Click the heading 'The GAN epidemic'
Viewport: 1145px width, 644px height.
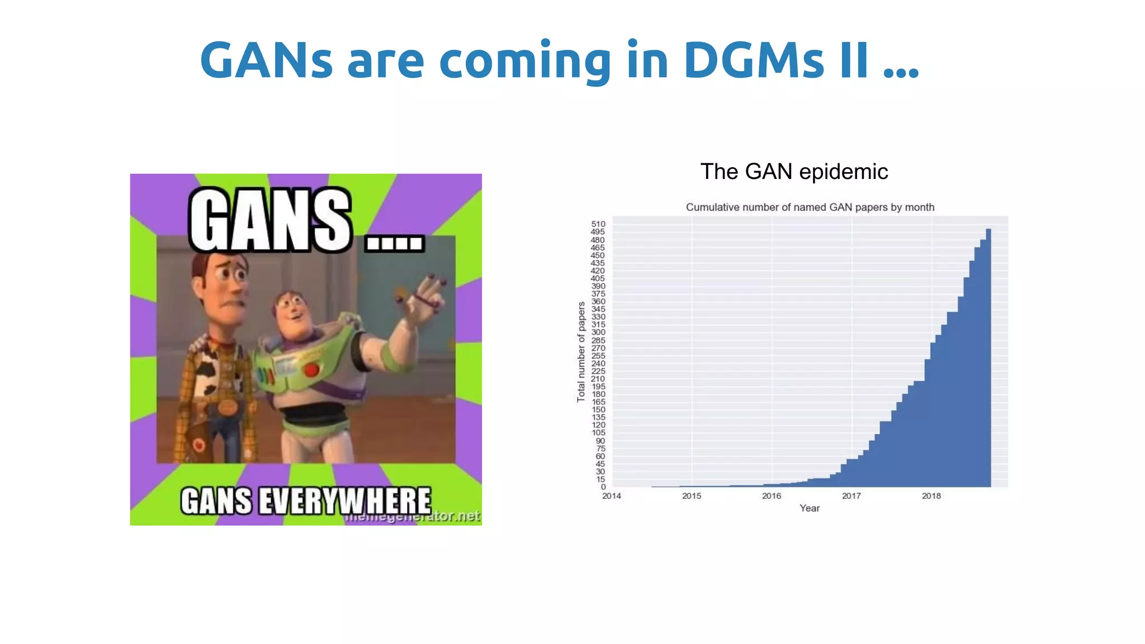(x=794, y=172)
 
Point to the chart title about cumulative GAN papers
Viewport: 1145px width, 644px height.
(x=810, y=207)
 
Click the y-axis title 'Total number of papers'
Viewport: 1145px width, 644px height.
(x=581, y=352)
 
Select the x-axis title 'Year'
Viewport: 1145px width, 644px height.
(x=809, y=508)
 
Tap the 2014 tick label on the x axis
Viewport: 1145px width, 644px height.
(x=612, y=496)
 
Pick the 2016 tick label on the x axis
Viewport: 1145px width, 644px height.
(x=772, y=496)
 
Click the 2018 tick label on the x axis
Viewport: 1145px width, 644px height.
(x=931, y=496)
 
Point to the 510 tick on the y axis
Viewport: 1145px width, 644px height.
(x=598, y=224)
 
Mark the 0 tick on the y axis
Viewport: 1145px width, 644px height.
(x=603, y=487)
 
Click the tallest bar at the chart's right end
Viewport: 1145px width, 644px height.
(x=988, y=358)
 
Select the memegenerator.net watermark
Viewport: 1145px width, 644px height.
(x=413, y=517)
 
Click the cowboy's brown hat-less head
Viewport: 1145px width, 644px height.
(x=221, y=280)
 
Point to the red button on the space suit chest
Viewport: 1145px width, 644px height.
(x=311, y=370)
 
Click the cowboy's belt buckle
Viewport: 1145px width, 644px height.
(x=226, y=407)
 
